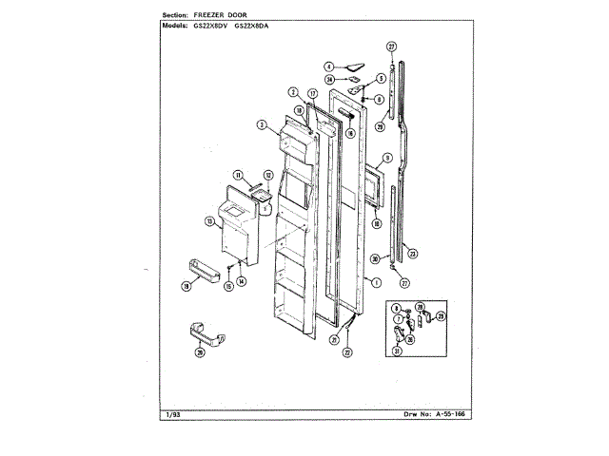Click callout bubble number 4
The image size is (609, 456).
coord(328,66)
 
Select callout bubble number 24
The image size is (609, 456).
coord(329,80)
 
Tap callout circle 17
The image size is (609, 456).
coord(311,96)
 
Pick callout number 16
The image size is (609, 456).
coord(350,134)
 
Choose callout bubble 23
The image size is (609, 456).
coord(411,253)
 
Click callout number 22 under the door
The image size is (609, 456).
coord(347,352)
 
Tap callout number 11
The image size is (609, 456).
coord(239,174)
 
